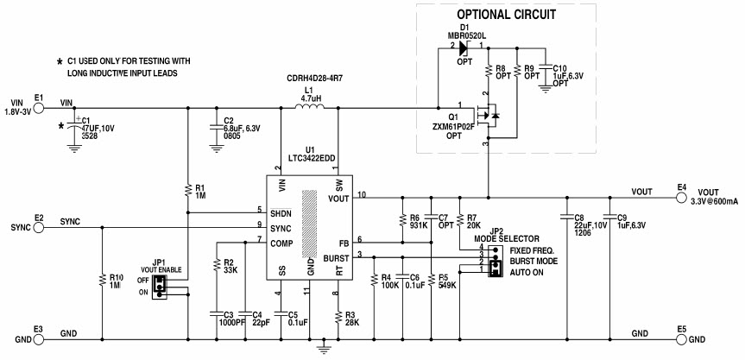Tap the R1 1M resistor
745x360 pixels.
point(188,190)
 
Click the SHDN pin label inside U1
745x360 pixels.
point(281,212)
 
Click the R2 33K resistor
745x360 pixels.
point(215,268)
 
